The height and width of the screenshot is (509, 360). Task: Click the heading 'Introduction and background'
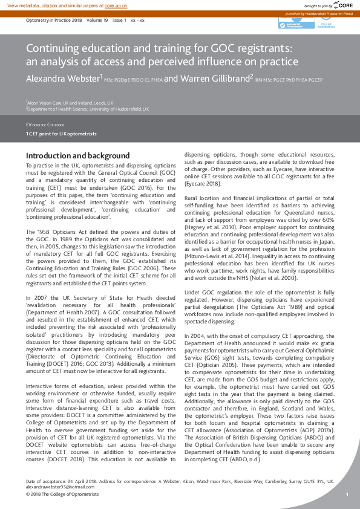[x=77, y=155]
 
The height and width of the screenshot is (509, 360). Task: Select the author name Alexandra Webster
[x=62, y=79]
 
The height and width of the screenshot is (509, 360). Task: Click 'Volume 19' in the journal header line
[x=97, y=20]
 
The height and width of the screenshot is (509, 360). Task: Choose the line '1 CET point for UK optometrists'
[x=61, y=134]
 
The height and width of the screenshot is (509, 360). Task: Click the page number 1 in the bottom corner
[x=347, y=494]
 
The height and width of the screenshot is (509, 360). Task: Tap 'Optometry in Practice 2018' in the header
[x=53, y=20]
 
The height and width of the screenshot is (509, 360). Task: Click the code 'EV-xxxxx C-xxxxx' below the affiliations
[x=45, y=123]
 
